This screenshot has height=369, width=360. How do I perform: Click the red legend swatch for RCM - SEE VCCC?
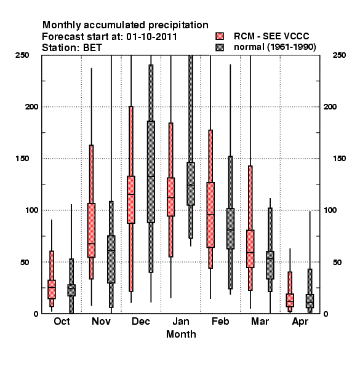tap(220, 36)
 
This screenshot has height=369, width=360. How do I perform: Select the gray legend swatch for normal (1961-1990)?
tap(220, 47)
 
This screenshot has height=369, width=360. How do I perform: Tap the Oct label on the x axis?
tap(62, 322)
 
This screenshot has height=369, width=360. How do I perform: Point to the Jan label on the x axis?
tap(181, 322)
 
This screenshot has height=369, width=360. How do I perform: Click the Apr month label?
tap(300, 322)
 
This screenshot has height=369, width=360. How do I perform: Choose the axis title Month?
tap(181, 334)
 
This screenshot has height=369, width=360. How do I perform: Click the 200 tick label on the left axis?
tap(31, 106)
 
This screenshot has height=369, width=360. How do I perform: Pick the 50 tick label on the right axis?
tap(337, 262)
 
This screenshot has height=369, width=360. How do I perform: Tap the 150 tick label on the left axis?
tap(22, 159)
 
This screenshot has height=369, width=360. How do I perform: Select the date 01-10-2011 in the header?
tap(151, 37)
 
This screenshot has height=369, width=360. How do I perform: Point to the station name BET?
tap(92, 48)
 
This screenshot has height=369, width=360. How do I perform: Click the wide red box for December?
tap(131, 199)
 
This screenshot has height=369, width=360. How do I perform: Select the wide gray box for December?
tap(151, 172)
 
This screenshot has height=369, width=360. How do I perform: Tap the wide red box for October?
tap(52, 290)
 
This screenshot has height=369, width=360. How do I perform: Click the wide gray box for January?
tap(191, 184)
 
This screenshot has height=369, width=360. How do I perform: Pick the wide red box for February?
tap(210, 215)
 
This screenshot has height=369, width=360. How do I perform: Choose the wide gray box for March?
tap(270, 265)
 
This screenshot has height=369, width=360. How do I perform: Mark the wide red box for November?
tap(91, 231)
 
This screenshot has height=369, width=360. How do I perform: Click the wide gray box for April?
tap(310, 301)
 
